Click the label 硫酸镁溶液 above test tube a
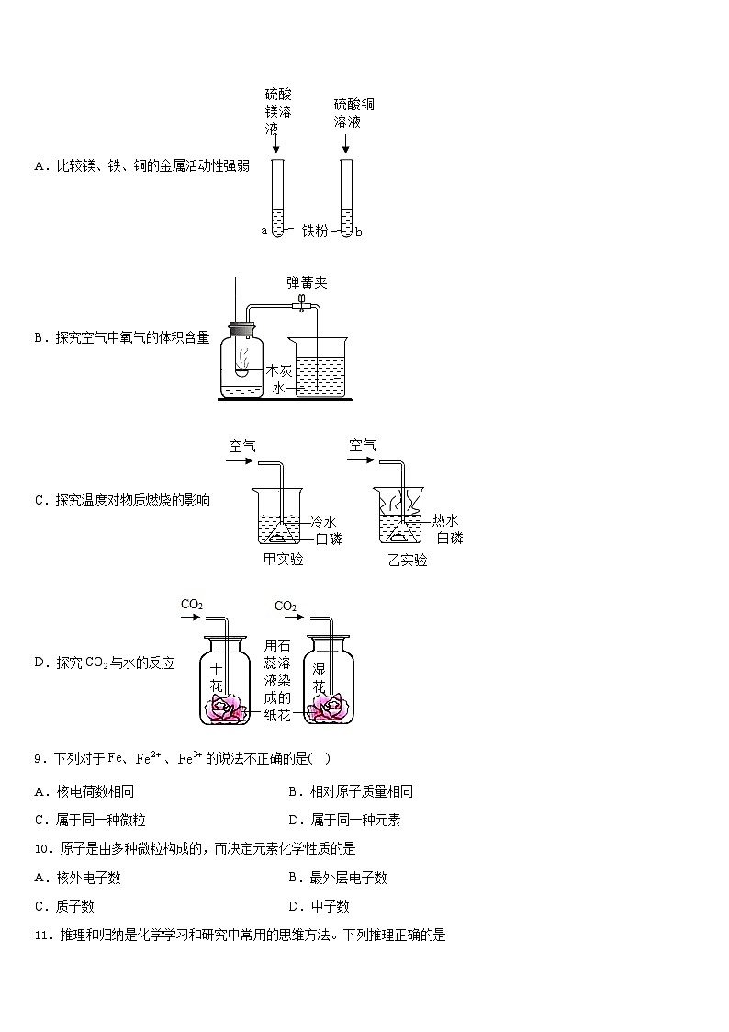278,111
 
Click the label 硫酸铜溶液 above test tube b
353,112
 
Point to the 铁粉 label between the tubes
315,232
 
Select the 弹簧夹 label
306,282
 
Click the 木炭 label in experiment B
279,370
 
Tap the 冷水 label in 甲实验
324,521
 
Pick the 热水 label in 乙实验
446,520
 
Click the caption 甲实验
283,560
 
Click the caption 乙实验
407,560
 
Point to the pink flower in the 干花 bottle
223,707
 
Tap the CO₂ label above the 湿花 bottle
286,607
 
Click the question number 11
39,936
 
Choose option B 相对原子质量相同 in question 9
350,791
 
